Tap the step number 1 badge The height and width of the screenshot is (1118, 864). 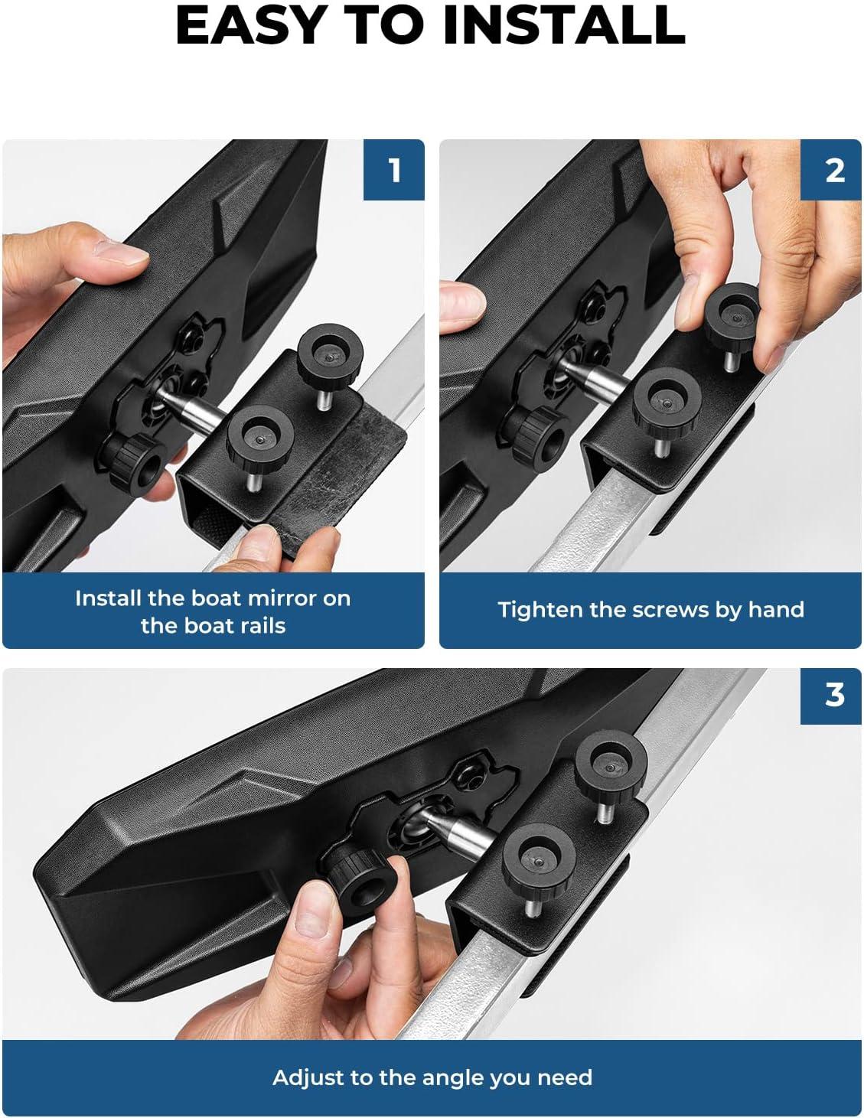[x=394, y=170]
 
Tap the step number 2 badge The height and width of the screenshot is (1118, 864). [x=831, y=170]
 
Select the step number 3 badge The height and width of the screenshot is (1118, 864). [x=831, y=694]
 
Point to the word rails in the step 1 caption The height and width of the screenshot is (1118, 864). [x=259, y=626]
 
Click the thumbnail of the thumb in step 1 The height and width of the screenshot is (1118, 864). [x=120, y=253]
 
